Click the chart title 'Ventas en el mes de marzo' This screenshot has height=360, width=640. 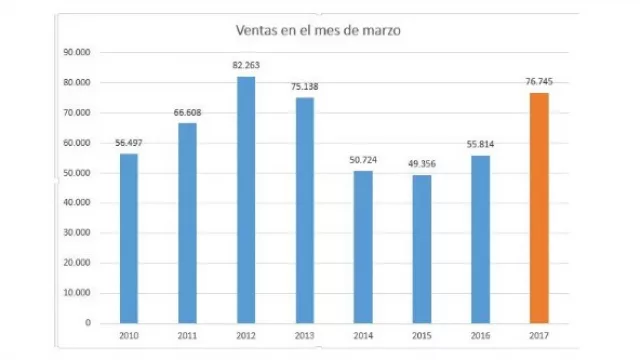(x=318, y=31)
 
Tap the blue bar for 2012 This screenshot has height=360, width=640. (x=246, y=200)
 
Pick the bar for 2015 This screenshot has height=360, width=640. (x=422, y=249)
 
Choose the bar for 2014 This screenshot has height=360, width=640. (x=363, y=247)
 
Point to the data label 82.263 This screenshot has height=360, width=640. (x=246, y=65)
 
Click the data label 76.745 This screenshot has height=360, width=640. (x=539, y=82)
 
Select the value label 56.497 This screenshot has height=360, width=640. (x=128, y=143)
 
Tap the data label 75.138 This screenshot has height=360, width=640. (x=304, y=87)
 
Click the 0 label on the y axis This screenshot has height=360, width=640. (x=87, y=323)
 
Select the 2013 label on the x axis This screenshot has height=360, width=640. (x=304, y=335)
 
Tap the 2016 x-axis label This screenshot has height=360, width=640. (x=480, y=335)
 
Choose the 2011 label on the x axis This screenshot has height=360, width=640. (x=187, y=335)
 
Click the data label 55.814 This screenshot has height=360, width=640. (x=480, y=145)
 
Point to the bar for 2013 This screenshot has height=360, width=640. (x=304, y=210)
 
